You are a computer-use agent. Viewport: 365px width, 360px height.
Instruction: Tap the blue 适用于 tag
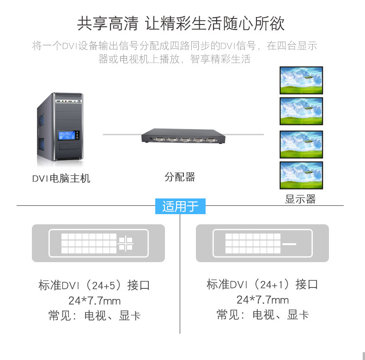click(180, 206)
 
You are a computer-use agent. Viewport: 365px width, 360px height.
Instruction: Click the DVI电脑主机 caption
click(61, 179)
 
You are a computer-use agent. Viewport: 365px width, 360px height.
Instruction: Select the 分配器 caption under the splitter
click(180, 177)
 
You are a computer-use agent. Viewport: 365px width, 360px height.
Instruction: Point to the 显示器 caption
click(300, 199)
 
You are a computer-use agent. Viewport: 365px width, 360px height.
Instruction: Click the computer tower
click(61, 128)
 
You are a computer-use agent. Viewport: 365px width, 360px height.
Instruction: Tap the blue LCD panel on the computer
click(66, 136)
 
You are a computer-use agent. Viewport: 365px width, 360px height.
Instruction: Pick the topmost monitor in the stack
click(301, 81)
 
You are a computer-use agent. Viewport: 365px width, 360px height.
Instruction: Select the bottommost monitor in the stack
click(301, 175)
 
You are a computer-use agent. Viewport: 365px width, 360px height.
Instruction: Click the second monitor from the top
click(301, 111)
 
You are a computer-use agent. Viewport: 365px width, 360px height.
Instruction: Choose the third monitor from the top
click(301, 144)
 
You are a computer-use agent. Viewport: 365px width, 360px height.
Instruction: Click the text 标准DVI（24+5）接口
click(94, 285)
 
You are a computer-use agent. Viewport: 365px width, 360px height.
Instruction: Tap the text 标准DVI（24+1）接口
click(262, 284)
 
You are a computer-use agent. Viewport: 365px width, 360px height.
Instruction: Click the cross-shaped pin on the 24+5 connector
click(126, 243)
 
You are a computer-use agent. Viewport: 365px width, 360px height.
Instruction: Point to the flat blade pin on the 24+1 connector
click(289, 243)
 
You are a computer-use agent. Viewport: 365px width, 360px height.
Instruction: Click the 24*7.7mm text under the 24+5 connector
click(94, 301)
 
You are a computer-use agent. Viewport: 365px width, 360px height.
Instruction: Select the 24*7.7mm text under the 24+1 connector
click(262, 300)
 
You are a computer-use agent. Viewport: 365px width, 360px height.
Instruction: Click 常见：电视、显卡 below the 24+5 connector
click(94, 316)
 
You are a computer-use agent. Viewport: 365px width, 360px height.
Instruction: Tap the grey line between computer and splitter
click(121, 134)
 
